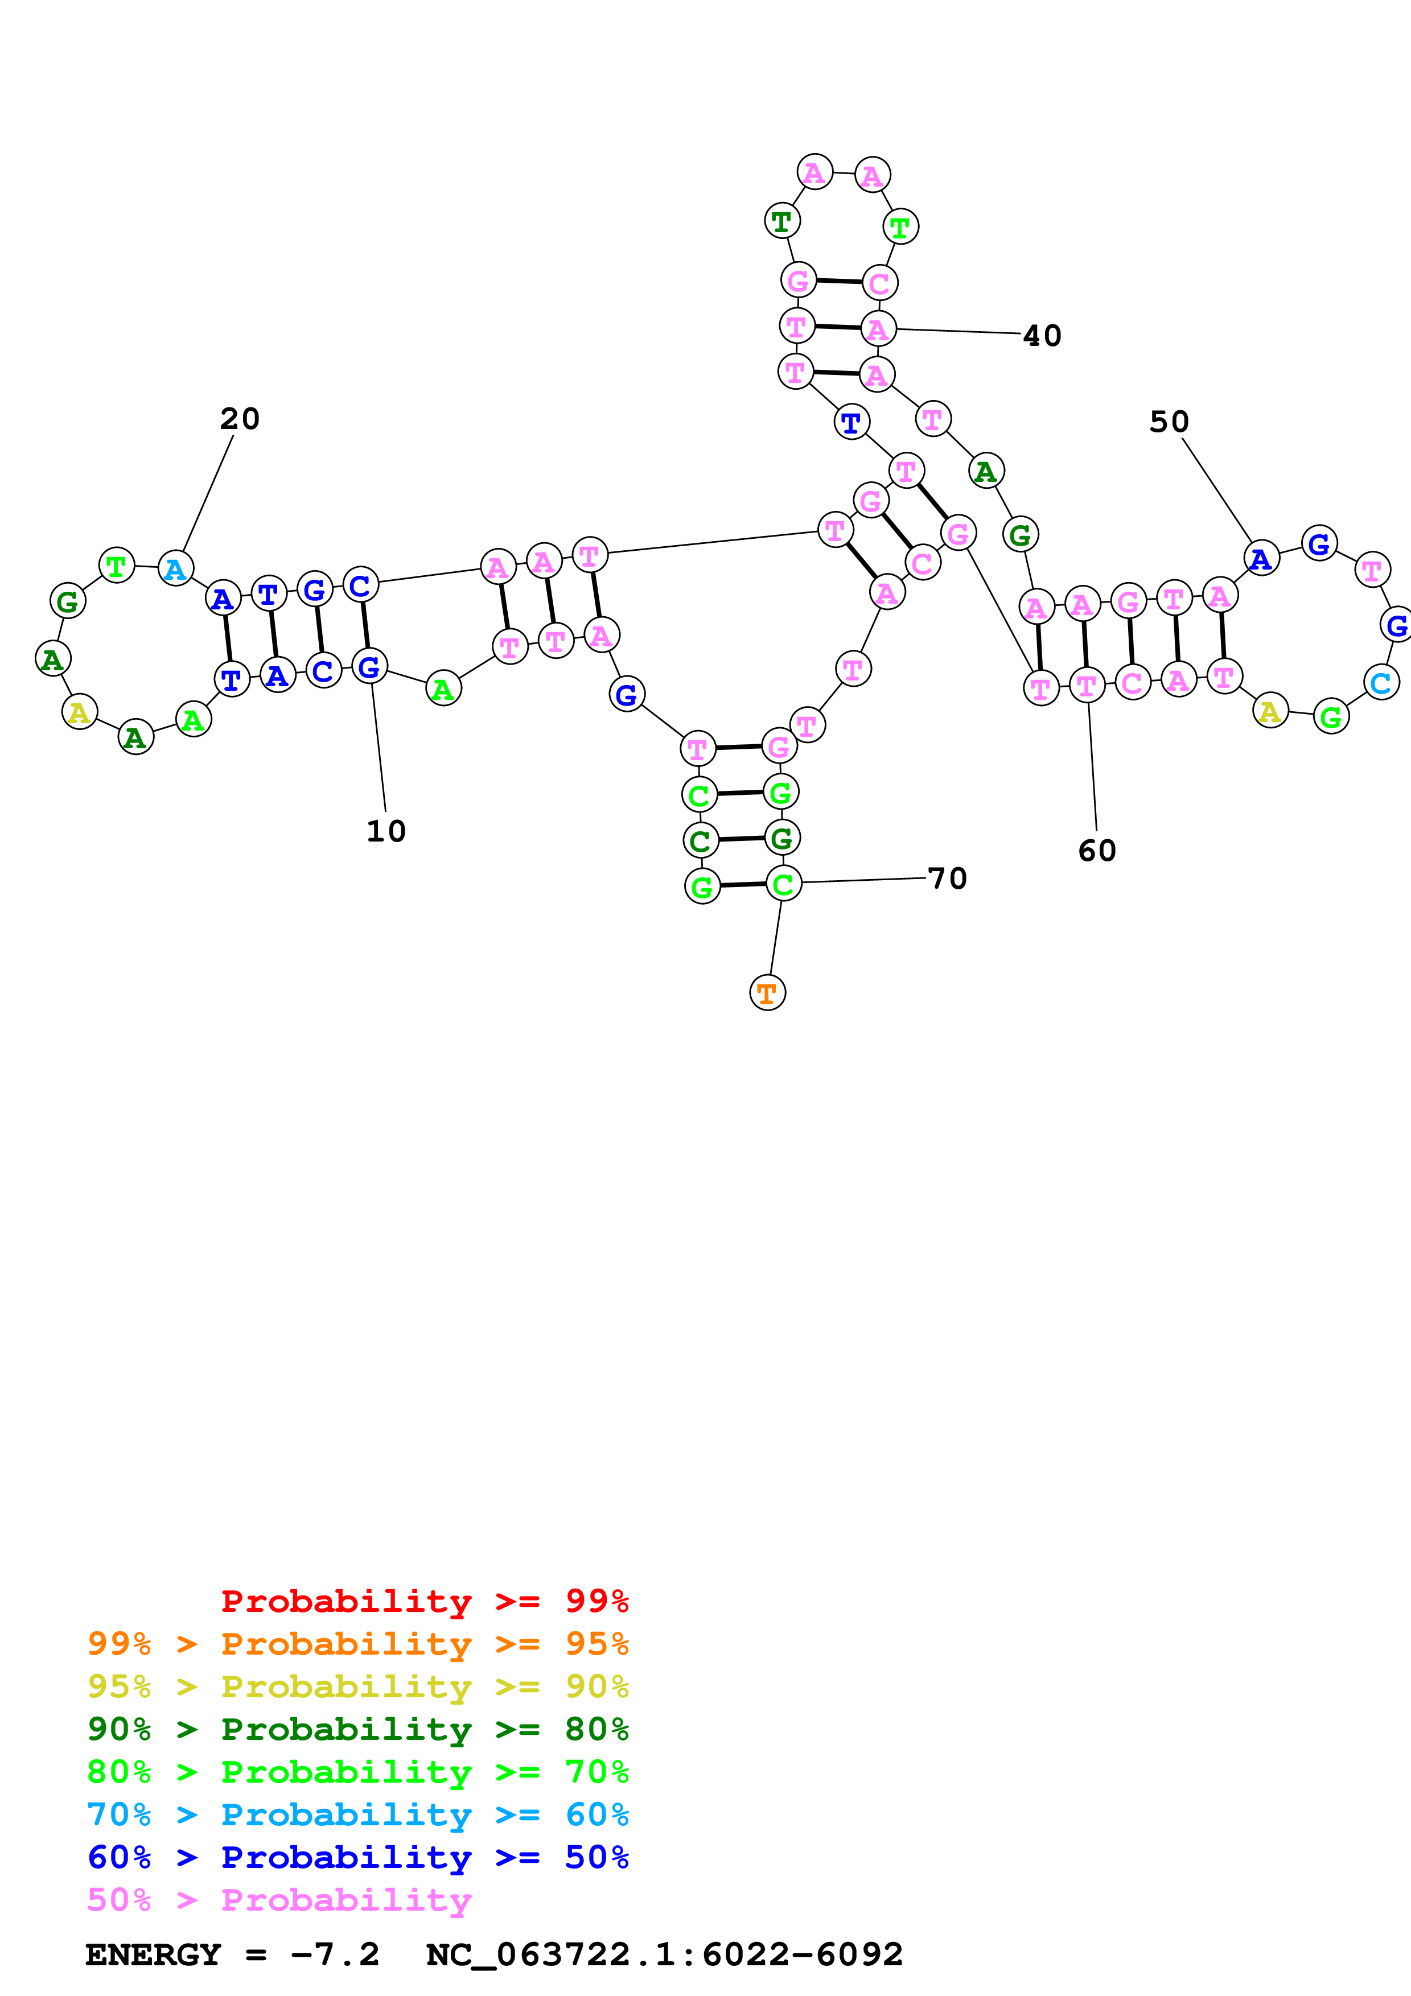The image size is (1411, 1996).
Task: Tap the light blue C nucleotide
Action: tap(1381, 682)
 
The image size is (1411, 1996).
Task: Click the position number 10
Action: tap(386, 831)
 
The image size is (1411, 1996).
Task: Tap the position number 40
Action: tap(1042, 336)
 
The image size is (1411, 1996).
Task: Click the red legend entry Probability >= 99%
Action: tap(424, 1601)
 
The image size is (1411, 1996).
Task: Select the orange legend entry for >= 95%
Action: tap(357, 1643)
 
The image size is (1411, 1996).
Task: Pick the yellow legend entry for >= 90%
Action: tap(357, 1686)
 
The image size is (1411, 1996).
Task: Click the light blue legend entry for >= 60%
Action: tap(357, 1814)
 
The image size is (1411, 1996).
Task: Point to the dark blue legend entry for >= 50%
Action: tap(357, 1857)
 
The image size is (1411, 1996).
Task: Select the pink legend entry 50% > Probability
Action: tap(278, 1899)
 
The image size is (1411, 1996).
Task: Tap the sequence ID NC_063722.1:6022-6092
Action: tap(664, 1954)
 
